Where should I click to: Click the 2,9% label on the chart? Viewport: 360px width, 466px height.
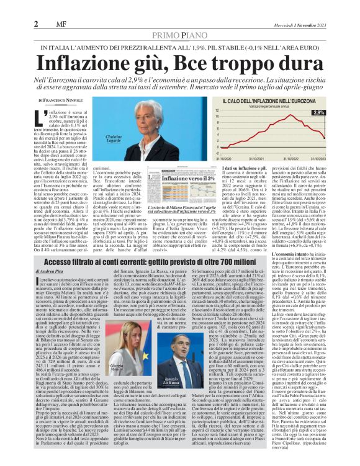[336, 112]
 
